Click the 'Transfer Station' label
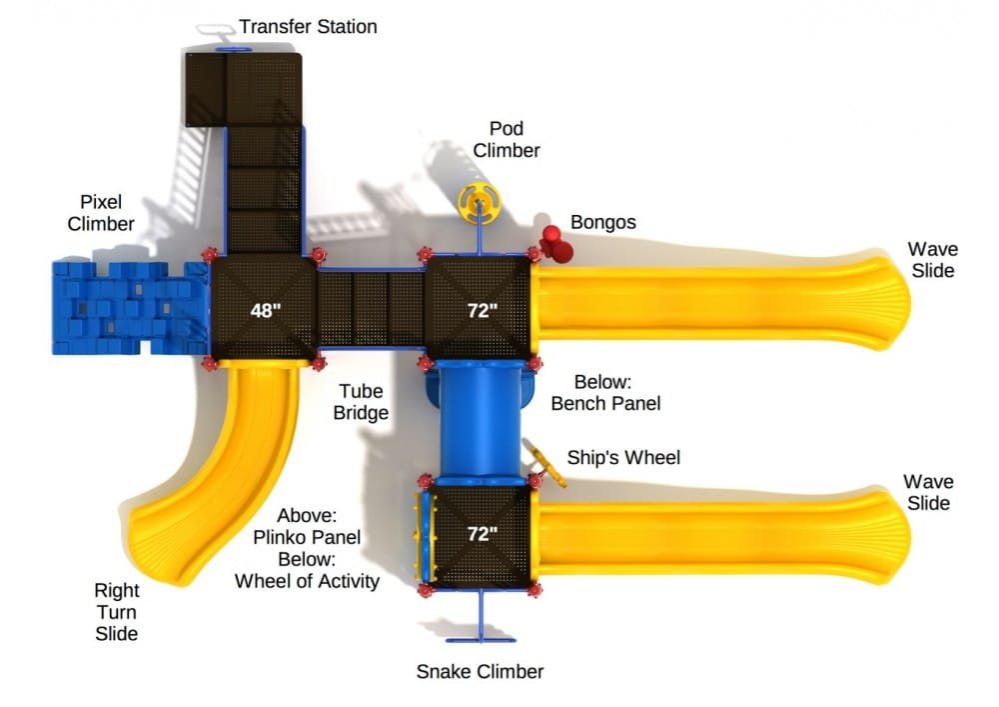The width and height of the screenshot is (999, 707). [x=308, y=26]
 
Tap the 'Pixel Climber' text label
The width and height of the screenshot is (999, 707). [x=101, y=212]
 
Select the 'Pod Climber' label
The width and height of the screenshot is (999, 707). [x=506, y=140]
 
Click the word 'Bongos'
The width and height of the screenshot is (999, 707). [x=602, y=222]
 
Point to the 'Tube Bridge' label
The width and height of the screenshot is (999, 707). [x=362, y=401]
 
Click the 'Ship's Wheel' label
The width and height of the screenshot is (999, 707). [x=623, y=457]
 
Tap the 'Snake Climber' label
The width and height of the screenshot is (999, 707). [x=480, y=671]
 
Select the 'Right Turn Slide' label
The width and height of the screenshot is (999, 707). [x=116, y=611]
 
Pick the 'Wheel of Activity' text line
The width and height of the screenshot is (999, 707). [x=307, y=580]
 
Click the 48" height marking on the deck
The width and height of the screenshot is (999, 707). [x=266, y=310]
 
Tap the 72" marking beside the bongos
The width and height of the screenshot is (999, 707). [x=482, y=310]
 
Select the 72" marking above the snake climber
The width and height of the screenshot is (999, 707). [x=482, y=534]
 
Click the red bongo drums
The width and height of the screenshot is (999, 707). [x=554, y=243]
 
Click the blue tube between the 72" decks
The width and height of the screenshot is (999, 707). [x=481, y=421]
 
